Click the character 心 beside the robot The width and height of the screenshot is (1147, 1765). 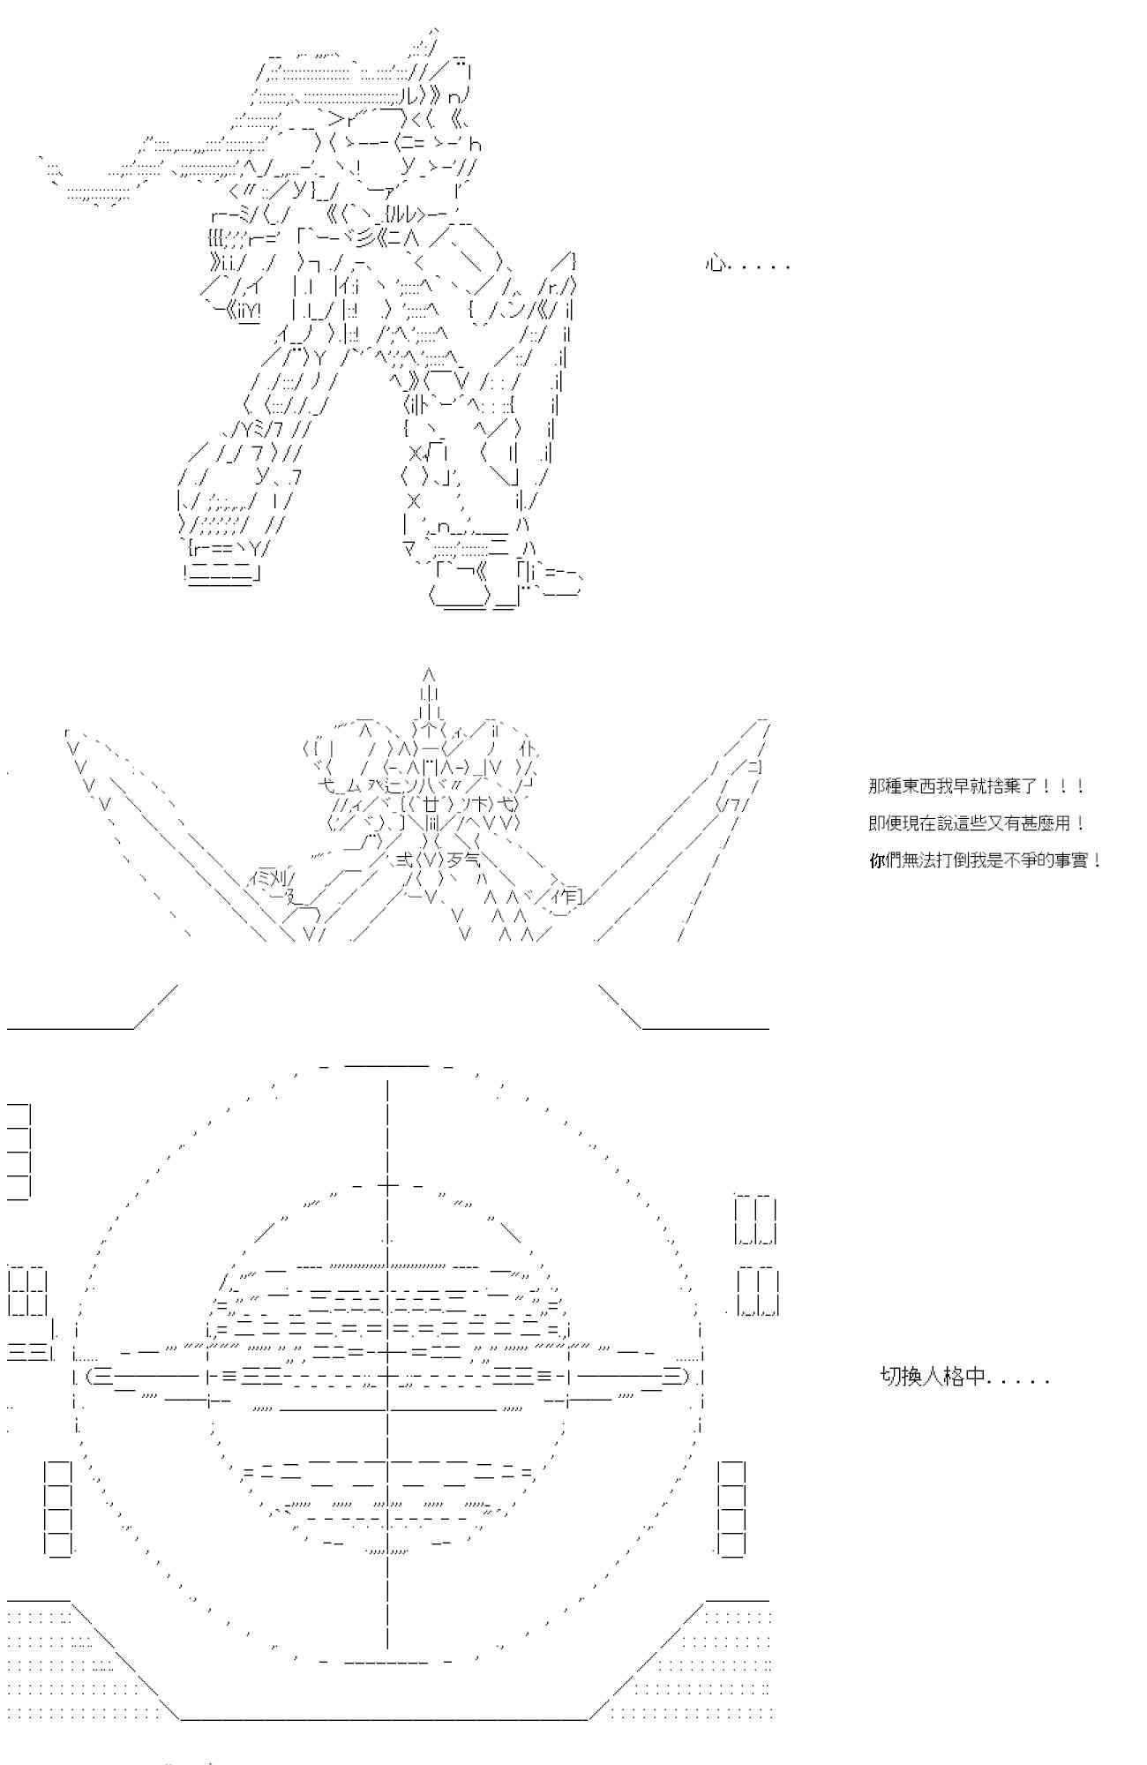click(715, 263)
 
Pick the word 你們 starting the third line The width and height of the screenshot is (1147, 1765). click(887, 860)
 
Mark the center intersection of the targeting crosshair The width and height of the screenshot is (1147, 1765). click(386, 1376)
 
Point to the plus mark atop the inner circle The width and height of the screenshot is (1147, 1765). click(386, 1186)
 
